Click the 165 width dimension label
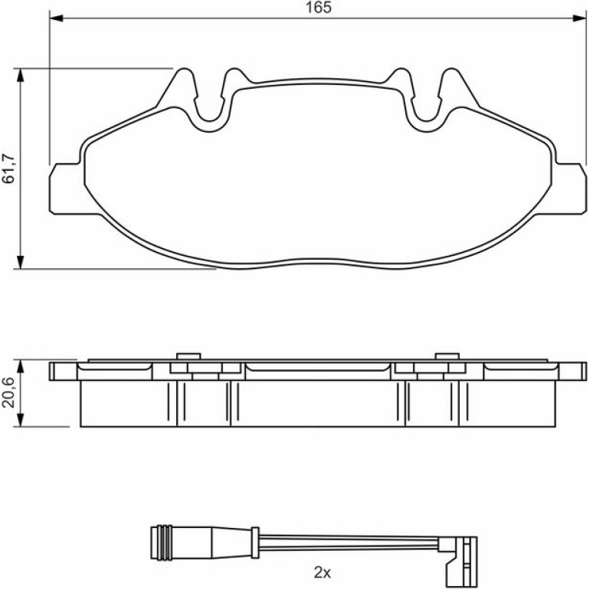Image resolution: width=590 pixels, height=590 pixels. click(x=318, y=8)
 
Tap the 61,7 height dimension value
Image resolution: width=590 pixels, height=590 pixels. click(x=8, y=169)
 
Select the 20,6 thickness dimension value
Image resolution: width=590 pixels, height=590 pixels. click(x=8, y=392)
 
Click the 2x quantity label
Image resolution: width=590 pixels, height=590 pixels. click(x=322, y=572)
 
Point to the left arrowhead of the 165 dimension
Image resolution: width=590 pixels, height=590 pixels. click(x=57, y=18)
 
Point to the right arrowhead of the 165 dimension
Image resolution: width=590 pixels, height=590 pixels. click(x=579, y=18)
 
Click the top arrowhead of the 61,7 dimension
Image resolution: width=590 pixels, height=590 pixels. click(x=21, y=75)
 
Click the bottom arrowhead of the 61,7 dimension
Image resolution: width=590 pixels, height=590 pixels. click(x=21, y=262)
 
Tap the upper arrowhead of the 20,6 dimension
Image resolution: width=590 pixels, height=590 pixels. click(x=21, y=366)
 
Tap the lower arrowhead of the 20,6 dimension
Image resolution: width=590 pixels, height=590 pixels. click(x=21, y=420)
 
